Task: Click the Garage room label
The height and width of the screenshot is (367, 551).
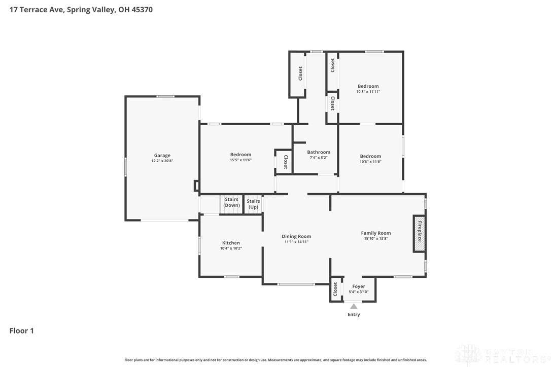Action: pyautogui.click(x=162, y=155)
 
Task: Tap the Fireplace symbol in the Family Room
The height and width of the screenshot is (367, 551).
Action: pyautogui.click(x=419, y=234)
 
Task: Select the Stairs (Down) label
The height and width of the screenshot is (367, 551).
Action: pyautogui.click(x=231, y=202)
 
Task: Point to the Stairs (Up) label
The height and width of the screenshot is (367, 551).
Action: pyautogui.click(x=253, y=204)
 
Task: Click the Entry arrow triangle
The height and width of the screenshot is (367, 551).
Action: pyautogui.click(x=354, y=306)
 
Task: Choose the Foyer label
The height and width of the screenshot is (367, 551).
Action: pyautogui.click(x=358, y=286)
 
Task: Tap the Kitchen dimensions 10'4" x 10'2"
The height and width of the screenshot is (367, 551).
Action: pyautogui.click(x=231, y=248)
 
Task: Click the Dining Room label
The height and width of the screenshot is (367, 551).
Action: pyautogui.click(x=296, y=236)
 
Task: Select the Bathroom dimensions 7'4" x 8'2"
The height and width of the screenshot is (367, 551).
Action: pyautogui.click(x=319, y=158)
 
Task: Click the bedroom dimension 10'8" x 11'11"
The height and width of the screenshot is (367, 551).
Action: pyautogui.click(x=368, y=92)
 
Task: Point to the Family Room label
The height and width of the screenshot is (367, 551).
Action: pyautogui.click(x=375, y=233)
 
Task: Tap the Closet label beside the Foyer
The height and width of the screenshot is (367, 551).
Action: pyautogui.click(x=335, y=289)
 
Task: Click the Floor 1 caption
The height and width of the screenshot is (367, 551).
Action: pyautogui.click(x=21, y=331)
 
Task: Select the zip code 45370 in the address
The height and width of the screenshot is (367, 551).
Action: pyautogui.click(x=142, y=10)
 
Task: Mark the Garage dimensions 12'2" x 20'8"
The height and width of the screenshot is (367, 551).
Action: pyautogui.click(x=162, y=161)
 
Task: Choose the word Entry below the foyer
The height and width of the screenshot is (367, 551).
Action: pyautogui.click(x=354, y=314)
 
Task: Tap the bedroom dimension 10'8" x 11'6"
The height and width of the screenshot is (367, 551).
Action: pyautogui.click(x=370, y=162)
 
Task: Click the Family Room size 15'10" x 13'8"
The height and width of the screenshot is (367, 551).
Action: pyautogui.click(x=375, y=238)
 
